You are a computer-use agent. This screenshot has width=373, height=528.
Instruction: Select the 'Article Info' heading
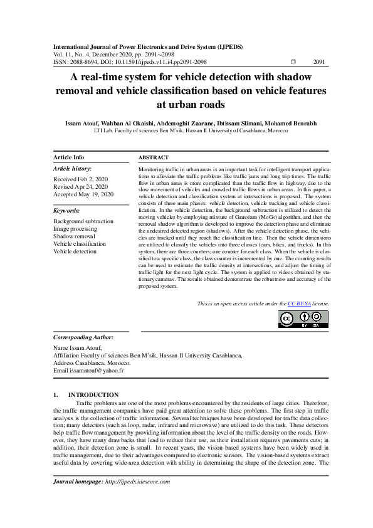tap(69, 157)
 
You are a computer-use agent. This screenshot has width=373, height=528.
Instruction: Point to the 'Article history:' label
tap(73, 169)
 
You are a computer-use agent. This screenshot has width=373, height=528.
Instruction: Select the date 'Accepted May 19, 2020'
tap(83, 194)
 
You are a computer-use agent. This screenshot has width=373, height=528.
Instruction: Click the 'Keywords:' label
tap(66, 211)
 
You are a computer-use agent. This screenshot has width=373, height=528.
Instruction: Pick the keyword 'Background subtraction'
tap(83, 221)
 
